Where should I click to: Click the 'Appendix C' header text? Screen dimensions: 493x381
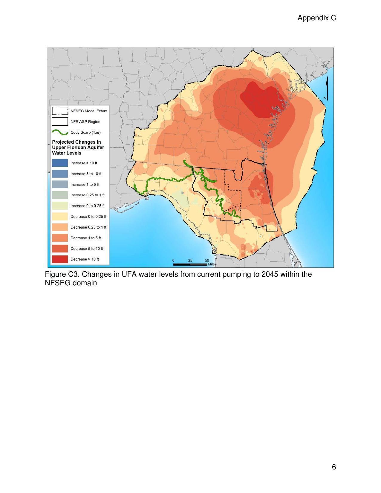tap(316, 18)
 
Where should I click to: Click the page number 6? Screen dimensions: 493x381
tap(334, 467)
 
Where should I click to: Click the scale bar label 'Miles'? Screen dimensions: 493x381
tap(212, 264)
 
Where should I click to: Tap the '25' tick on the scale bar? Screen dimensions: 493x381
tap(190, 260)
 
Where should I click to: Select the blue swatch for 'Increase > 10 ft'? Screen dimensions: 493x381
tap(60, 163)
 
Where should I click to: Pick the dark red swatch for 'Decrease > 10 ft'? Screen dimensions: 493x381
tap(60, 259)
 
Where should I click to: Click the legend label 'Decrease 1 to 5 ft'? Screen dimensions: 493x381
tap(85, 238)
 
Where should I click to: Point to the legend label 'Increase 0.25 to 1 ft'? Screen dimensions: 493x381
tap(87, 195)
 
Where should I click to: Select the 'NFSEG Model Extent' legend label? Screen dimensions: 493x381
tap(89, 111)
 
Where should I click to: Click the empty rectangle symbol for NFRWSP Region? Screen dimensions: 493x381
tap(60, 122)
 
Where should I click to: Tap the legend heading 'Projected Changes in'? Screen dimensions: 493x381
tap(76, 142)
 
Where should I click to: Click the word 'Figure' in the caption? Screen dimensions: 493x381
tap(55, 274)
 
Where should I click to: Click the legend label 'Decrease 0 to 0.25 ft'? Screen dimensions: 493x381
tap(88, 217)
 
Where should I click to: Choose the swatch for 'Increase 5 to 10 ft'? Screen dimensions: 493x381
tap(60, 174)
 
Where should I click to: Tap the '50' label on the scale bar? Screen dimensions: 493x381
tap(207, 260)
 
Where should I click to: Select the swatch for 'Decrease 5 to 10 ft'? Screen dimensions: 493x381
tap(60, 249)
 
